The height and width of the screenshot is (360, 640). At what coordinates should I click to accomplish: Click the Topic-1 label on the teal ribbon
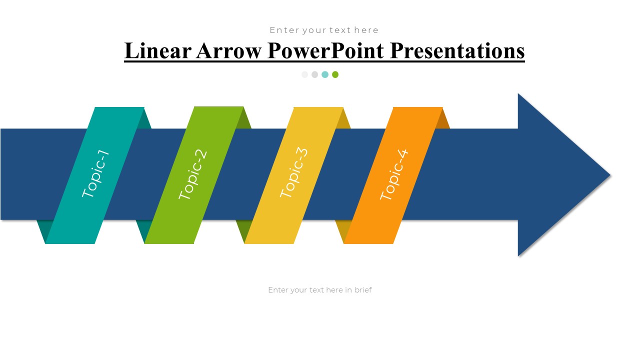click(x=95, y=173)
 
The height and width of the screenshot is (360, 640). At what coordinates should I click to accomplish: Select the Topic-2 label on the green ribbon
click(x=192, y=174)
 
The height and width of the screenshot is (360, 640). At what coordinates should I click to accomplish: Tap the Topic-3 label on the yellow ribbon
click(x=294, y=172)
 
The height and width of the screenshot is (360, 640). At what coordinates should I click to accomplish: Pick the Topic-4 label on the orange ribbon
click(x=394, y=174)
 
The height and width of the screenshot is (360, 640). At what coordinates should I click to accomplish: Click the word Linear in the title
click(x=158, y=50)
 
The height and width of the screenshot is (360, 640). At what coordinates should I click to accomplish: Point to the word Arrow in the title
click(x=229, y=51)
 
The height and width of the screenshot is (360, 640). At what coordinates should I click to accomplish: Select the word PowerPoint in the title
click(x=325, y=51)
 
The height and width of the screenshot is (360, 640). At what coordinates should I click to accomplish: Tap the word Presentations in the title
click(x=457, y=51)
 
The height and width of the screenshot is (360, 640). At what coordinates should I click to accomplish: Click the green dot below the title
click(x=335, y=74)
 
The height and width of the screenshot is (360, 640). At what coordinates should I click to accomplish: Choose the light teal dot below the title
click(x=325, y=74)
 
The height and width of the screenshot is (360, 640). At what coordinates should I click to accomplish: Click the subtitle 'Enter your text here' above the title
click(x=324, y=30)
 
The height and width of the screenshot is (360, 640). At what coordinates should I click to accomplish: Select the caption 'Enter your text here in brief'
click(x=319, y=290)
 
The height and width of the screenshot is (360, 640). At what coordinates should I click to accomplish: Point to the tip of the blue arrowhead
click(x=610, y=175)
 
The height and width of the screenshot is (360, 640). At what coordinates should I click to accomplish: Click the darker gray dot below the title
click(x=314, y=74)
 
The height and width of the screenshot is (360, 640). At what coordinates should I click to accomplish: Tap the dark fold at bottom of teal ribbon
click(x=43, y=229)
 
